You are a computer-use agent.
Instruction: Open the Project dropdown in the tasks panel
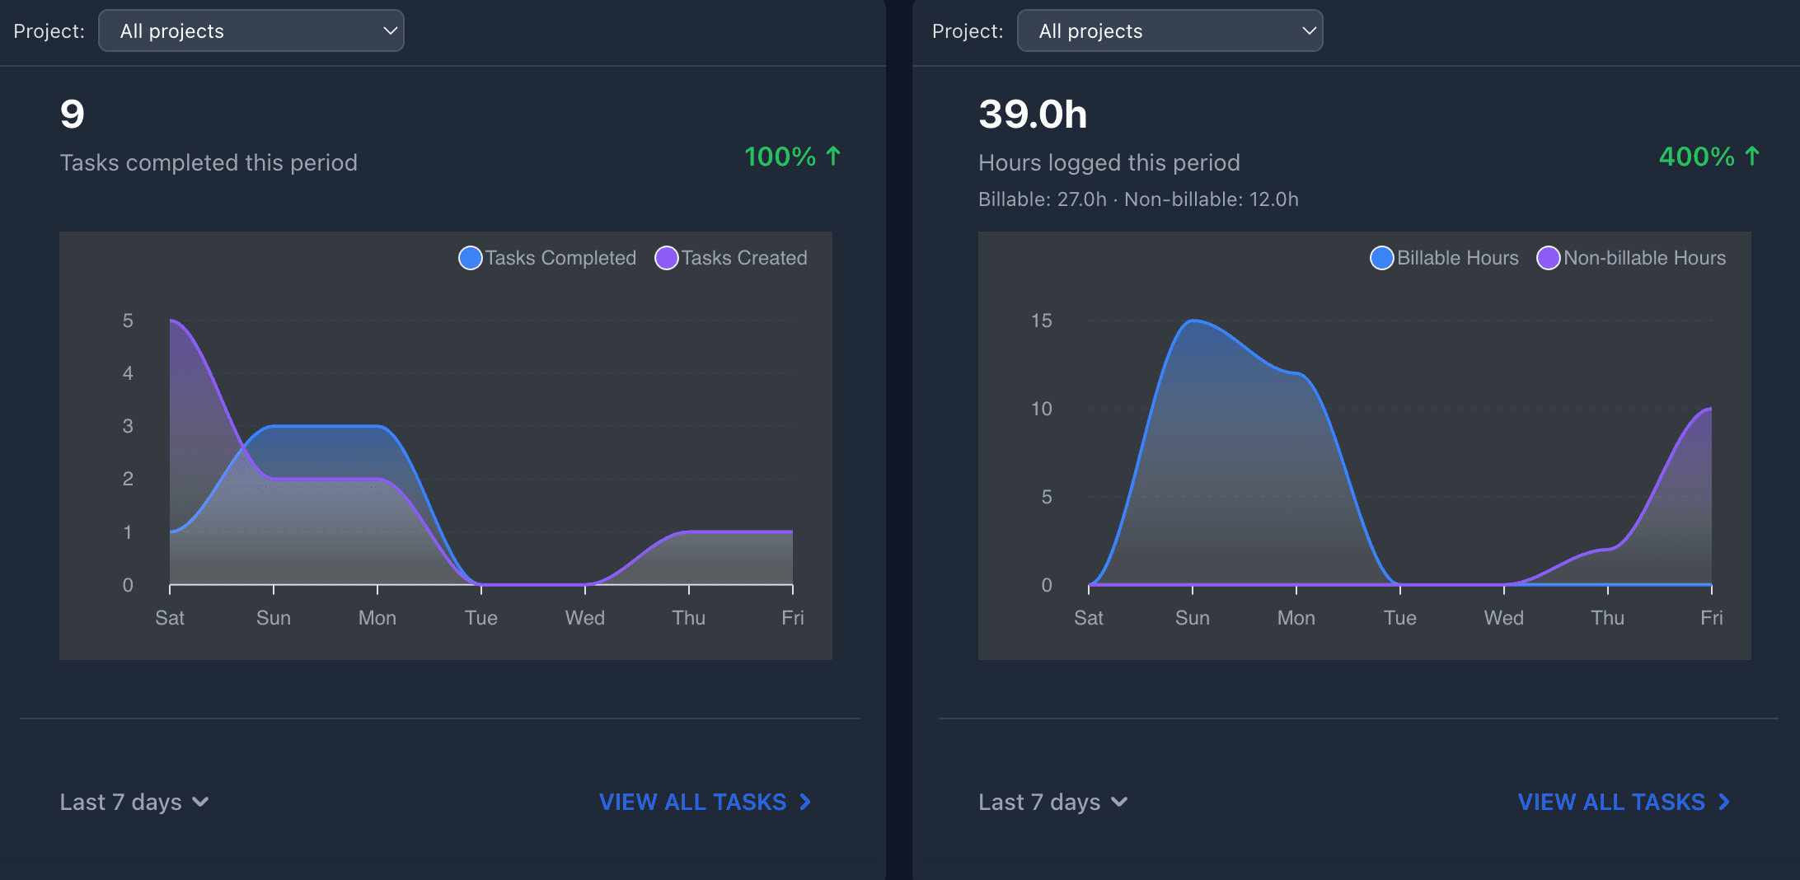pos(251,31)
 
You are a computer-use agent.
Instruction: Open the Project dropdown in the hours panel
pos(1170,31)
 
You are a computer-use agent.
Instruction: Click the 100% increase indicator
pos(792,157)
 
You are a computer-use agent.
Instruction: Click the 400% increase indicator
pos(1709,157)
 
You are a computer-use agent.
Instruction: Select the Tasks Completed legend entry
pos(548,258)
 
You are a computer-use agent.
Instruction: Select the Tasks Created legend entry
pos(732,258)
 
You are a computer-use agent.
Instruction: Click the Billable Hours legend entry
pos(1445,258)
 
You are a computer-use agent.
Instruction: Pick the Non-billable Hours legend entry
pos(1632,258)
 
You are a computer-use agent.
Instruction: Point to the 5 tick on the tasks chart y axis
pos(128,321)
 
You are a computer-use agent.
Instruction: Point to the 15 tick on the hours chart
pos(1041,321)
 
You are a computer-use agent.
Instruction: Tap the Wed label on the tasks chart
pos(585,618)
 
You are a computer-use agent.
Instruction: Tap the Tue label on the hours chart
pos(1399,618)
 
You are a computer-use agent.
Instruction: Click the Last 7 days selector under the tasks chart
pos(134,802)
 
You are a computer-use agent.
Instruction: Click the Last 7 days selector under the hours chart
pos(1052,802)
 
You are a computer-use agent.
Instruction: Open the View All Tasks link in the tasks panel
pos(705,802)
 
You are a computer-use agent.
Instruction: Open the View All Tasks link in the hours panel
pos(1624,802)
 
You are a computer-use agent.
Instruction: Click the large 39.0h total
pos(1033,115)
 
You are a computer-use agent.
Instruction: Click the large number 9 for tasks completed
pos(73,115)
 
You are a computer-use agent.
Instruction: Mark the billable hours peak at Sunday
pos(1193,321)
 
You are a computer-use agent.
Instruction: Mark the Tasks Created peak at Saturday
pos(171,321)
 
